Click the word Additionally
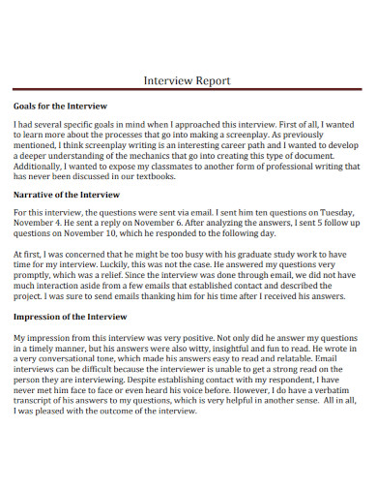tap(43, 166)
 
